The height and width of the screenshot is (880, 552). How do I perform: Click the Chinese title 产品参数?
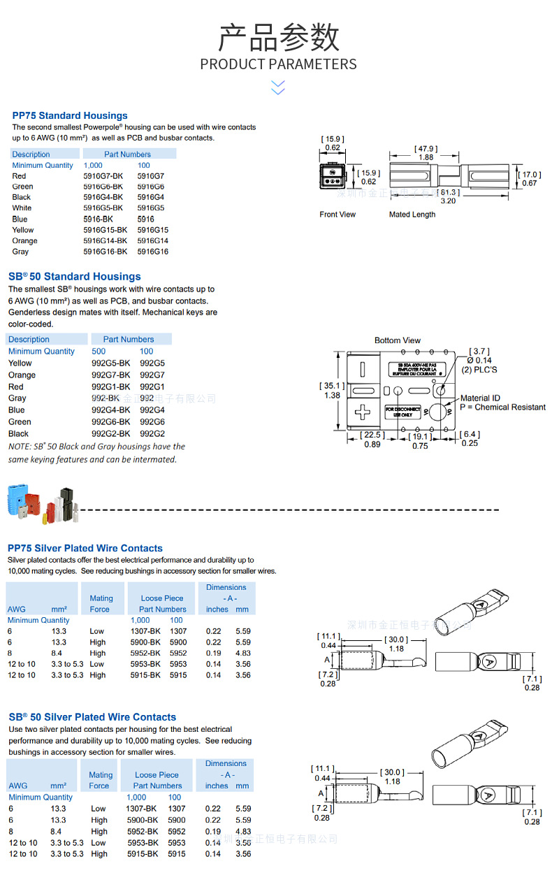[x=278, y=38]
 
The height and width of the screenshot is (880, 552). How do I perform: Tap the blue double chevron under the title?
[x=278, y=87]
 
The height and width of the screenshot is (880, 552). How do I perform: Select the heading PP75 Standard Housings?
[x=70, y=115]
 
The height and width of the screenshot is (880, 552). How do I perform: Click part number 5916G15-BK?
[x=106, y=230]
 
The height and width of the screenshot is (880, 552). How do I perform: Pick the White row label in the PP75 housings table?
[x=22, y=208]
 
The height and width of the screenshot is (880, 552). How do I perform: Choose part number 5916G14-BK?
[x=106, y=240]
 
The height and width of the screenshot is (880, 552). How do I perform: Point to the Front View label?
[x=337, y=215]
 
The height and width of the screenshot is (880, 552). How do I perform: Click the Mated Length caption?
[x=412, y=215]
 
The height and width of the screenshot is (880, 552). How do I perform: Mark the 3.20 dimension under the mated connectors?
[x=447, y=201]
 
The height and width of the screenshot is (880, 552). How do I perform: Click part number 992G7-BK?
[x=110, y=375]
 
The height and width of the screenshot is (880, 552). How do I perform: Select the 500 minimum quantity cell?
[x=99, y=352]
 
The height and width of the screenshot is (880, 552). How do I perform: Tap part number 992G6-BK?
[x=110, y=421]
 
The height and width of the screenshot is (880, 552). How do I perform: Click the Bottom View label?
[x=398, y=340]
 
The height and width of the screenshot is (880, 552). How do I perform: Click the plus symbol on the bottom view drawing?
[x=363, y=412]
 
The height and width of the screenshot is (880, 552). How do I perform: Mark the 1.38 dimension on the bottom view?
[x=332, y=396]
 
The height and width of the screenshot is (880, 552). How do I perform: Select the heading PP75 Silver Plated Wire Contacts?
[x=85, y=548]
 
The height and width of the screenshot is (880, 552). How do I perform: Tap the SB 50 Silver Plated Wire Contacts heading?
[x=92, y=717]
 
